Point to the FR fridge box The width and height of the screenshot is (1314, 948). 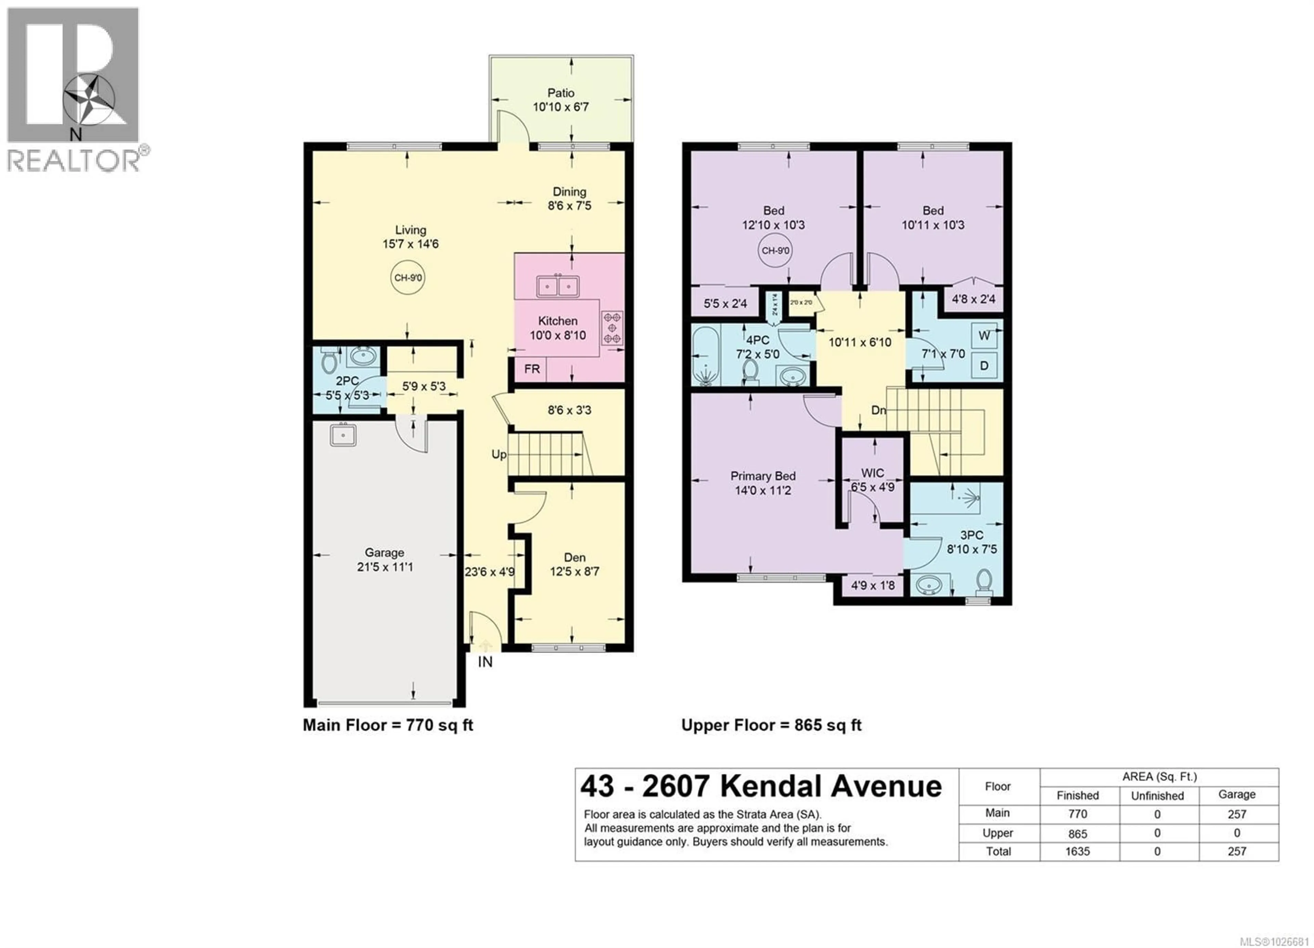531,369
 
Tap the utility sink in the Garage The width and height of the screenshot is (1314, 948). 343,434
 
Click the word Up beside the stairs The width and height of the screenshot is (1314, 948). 498,455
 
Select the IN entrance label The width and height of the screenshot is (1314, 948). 485,662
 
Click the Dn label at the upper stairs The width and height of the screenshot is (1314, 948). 878,410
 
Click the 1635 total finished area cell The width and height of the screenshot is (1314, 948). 1077,851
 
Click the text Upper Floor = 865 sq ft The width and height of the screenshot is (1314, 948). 771,725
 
